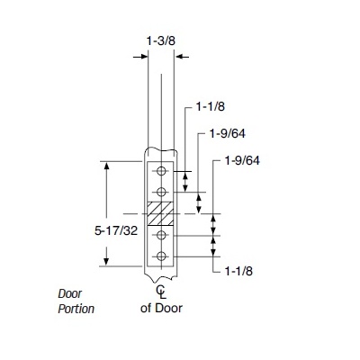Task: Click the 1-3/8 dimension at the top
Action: (x=161, y=40)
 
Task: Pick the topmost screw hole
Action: (x=161, y=171)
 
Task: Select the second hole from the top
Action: (x=161, y=193)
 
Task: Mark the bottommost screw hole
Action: (x=161, y=257)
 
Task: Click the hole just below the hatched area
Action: (x=161, y=236)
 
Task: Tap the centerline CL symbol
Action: (x=161, y=292)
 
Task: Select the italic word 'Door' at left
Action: (x=69, y=293)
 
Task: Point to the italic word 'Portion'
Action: (x=76, y=309)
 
